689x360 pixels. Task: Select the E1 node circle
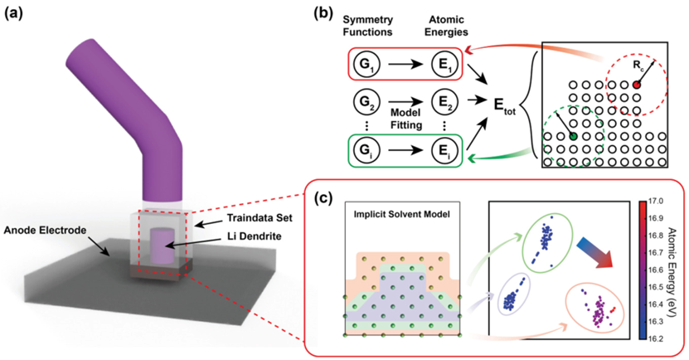coord(444,65)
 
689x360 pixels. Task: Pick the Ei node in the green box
coord(444,151)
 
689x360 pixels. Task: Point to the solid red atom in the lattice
coord(635,85)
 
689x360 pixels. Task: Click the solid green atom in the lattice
coord(573,136)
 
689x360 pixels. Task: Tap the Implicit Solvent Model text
coord(402,215)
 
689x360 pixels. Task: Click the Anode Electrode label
coord(46,230)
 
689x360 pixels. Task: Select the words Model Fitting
coord(405,119)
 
